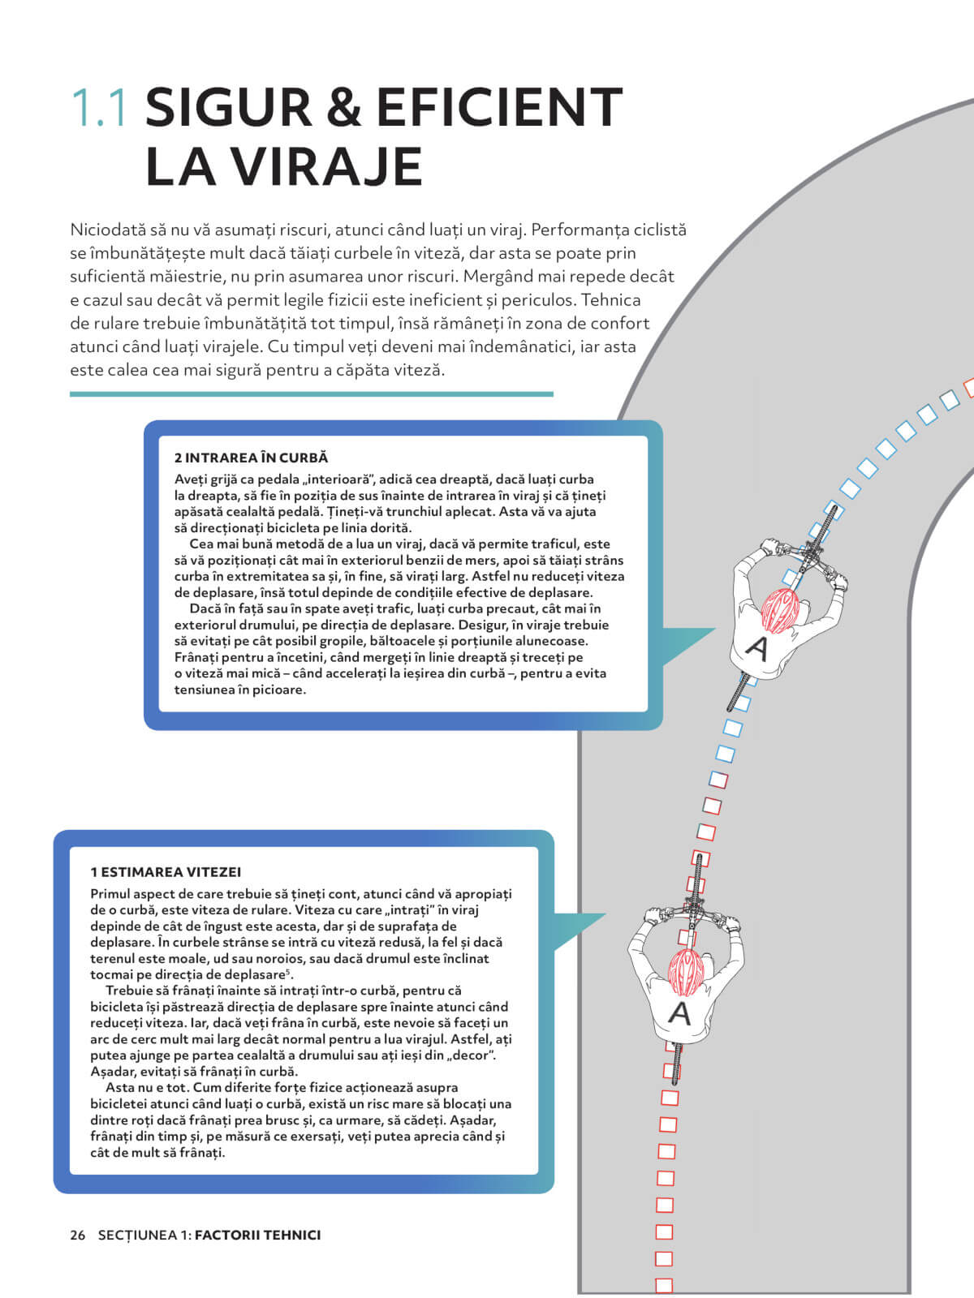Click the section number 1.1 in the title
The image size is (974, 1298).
pyautogui.click(x=99, y=108)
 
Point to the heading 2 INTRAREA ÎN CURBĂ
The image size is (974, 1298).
pyautogui.click(x=251, y=458)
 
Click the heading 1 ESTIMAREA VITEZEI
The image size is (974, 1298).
pyautogui.click(x=166, y=872)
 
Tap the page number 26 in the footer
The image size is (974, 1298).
pyautogui.click(x=78, y=1235)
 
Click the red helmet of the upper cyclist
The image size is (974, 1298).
pyautogui.click(x=779, y=610)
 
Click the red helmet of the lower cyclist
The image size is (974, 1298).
pyautogui.click(x=687, y=972)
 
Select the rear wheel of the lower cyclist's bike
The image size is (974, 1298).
pyautogui.click(x=675, y=1063)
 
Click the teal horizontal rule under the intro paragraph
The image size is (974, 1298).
pyautogui.click(x=312, y=394)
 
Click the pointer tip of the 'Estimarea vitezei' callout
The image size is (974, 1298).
pyautogui.click(x=605, y=915)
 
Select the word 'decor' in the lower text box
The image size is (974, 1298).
pyautogui.click(x=473, y=1055)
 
